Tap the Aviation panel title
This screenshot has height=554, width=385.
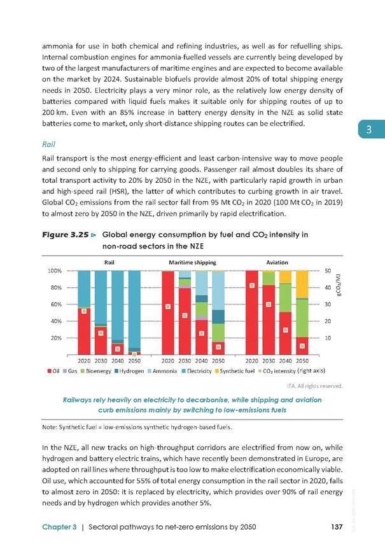pyautogui.click(x=277, y=262)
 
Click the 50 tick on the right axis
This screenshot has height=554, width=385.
pyautogui.click(x=328, y=271)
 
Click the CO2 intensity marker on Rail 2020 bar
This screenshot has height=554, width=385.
pyautogui.click(x=84, y=311)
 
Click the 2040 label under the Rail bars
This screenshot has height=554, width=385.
pyautogui.click(x=117, y=360)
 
